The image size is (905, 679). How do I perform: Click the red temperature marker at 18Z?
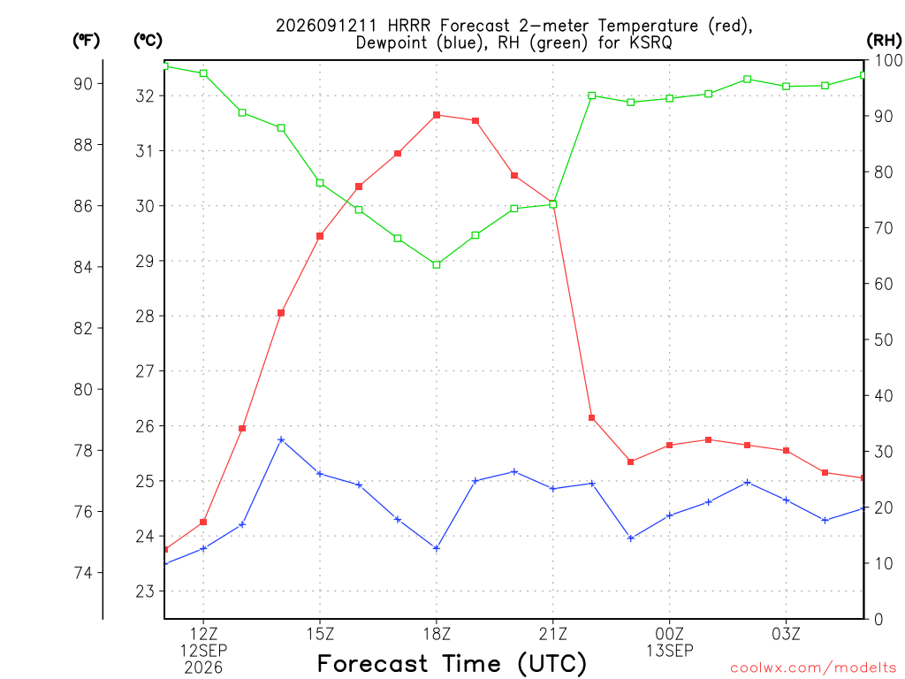click(437, 115)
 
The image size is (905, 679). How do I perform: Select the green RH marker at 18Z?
click(437, 264)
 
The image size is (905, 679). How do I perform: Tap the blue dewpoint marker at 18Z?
click(437, 548)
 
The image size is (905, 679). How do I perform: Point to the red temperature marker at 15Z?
click(320, 235)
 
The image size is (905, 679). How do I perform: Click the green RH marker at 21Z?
click(553, 204)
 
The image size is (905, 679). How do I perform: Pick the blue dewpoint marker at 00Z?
click(670, 515)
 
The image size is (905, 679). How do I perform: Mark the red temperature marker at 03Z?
click(786, 450)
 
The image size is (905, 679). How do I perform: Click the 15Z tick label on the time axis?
click(320, 634)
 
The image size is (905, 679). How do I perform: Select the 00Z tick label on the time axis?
click(670, 634)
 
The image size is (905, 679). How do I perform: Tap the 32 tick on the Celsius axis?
click(145, 95)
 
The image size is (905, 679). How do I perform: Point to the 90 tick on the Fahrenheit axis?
click(83, 84)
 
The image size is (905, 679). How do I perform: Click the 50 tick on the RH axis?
click(884, 339)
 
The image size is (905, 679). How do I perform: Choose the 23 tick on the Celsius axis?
click(145, 591)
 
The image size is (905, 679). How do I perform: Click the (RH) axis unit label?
click(884, 40)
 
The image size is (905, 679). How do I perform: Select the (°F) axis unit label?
click(86, 40)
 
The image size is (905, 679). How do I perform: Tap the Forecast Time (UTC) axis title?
click(452, 663)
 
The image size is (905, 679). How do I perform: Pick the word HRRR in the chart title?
click(408, 26)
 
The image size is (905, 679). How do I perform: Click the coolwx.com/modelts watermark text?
click(813, 668)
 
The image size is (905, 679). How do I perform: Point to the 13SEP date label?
click(670, 651)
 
